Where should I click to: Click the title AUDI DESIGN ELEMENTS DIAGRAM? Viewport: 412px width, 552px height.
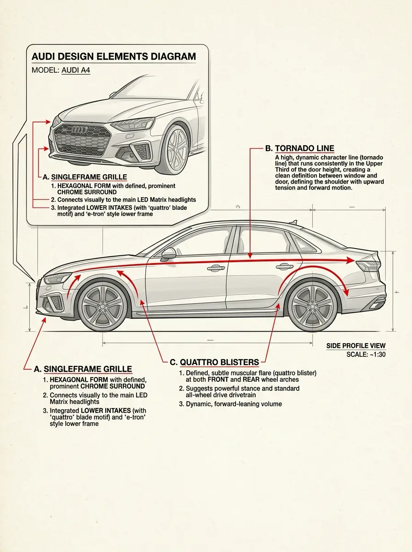[x=113, y=57]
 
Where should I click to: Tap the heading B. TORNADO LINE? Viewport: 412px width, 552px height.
[x=299, y=149]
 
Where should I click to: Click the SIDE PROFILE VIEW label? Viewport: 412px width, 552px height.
[x=356, y=346]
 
